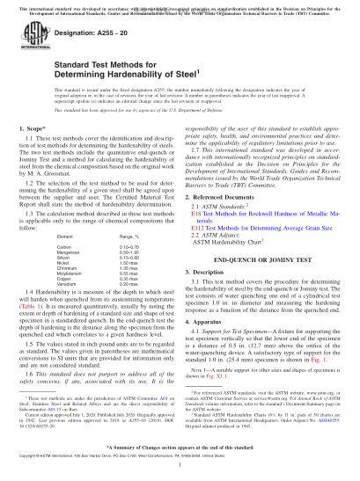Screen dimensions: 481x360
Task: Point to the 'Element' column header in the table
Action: (62, 236)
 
